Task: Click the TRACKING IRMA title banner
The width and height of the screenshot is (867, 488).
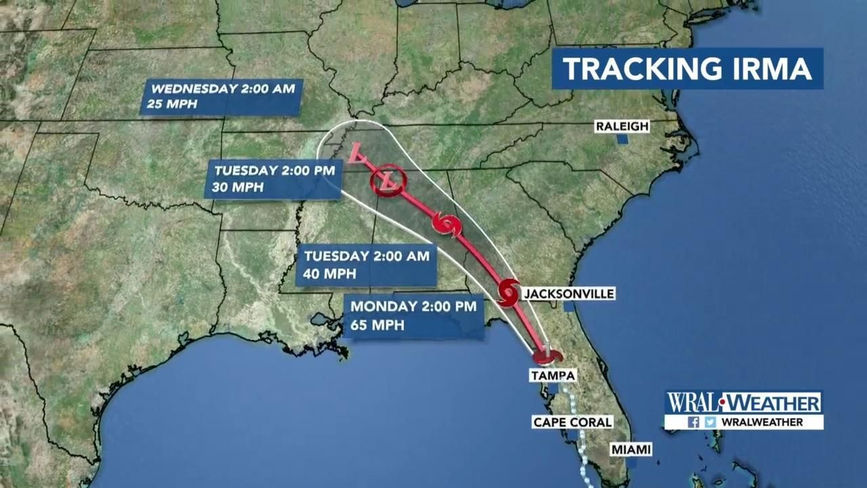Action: [x=687, y=68]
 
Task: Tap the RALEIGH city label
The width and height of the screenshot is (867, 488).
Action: [x=622, y=126]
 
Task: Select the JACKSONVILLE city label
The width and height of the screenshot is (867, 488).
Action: [x=568, y=293]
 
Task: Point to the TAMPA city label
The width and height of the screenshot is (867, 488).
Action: [x=553, y=375]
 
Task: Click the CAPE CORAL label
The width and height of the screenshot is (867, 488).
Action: [x=572, y=422]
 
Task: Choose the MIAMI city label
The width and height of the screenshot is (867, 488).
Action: [x=631, y=449]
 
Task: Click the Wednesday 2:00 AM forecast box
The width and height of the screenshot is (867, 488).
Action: [x=221, y=97]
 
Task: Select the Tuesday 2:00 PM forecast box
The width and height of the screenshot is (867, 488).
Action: [x=273, y=180]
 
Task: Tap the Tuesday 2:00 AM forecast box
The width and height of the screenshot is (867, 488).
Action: [x=366, y=265]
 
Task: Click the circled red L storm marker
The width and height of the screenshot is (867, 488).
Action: [x=387, y=181]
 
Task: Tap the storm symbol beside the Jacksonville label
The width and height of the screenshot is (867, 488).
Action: [x=508, y=292]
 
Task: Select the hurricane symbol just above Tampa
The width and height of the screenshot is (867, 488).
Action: [x=547, y=354]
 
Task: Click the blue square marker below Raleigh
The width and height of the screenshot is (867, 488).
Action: [x=622, y=140]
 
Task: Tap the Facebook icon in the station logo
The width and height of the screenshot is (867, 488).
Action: [x=693, y=422]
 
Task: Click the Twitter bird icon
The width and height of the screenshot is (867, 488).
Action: [x=710, y=422]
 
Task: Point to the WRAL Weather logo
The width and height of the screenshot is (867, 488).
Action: [x=743, y=403]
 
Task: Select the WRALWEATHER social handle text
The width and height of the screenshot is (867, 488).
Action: [x=762, y=422]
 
